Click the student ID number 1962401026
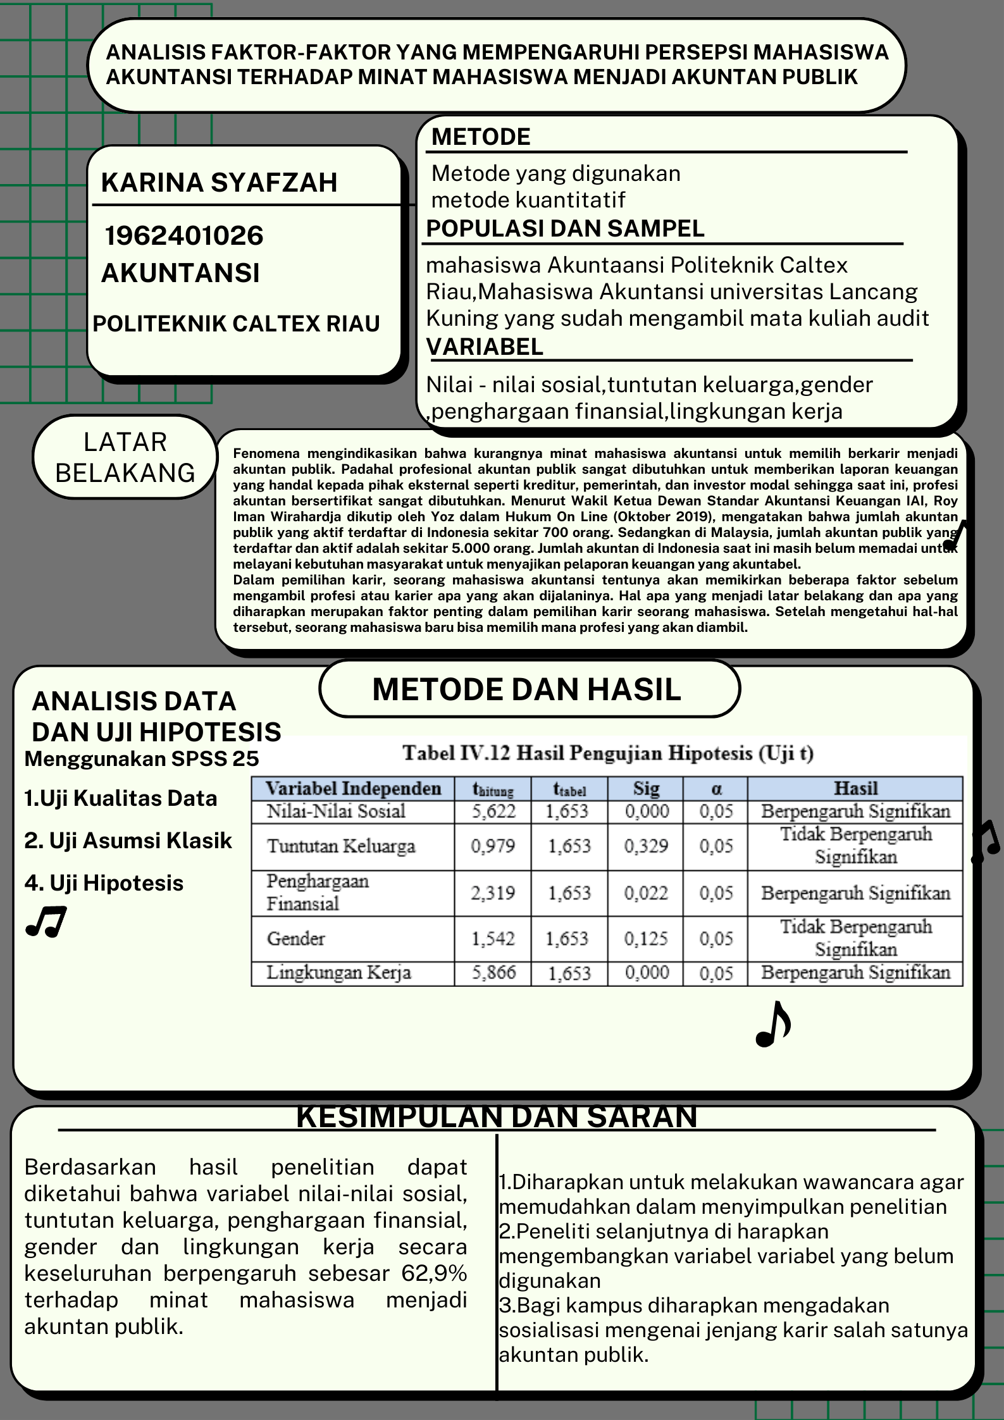click(183, 236)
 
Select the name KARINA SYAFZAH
click(219, 183)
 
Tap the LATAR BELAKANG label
click(125, 457)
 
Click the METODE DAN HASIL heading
click(526, 689)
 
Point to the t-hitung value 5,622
click(493, 812)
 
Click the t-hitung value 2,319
click(493, 893)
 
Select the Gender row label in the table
click(295, 939)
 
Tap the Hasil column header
click(855, 789)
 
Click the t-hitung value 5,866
click(493, 973)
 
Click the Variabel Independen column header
click(353, 789)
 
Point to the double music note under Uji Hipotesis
click(46, 922)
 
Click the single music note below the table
click(773, 1023)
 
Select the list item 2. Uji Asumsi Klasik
click(128, 841)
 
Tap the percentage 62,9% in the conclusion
click(434, 1273)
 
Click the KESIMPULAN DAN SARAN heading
click(497, 1117)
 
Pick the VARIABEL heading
click(485, 347)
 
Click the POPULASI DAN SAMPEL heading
click(565, 229)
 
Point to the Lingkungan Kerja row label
click(338, 973)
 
